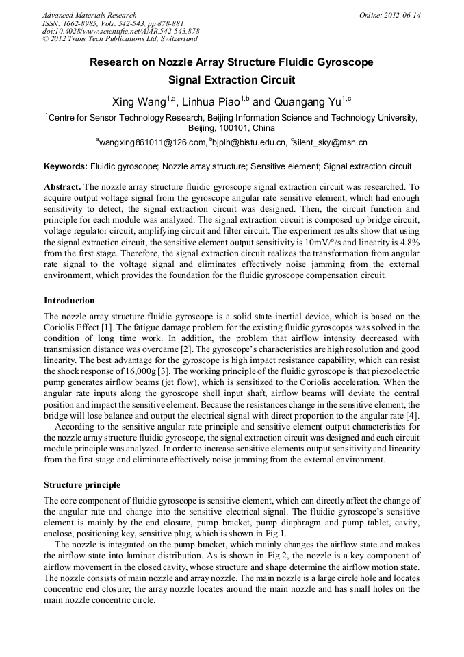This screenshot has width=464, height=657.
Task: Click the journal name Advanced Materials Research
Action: [x=89, y=15]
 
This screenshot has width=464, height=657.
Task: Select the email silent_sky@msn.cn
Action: [x=331, y=142]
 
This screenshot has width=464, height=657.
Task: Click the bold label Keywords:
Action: [x=66, y=166]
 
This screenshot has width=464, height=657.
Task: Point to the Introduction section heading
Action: [x=69, y=301]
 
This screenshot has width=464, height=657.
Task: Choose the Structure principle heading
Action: [x=81, y=485]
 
